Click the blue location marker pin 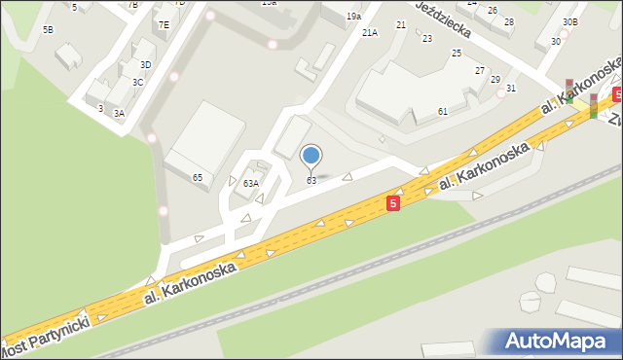pos(311,156)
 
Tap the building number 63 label pos(311,181)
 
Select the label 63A pos(250,183)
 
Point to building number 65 pos(198,177)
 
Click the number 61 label pos(442,112)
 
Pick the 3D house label pos(145,64)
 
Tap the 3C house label pos(138,83)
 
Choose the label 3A pos(119,113)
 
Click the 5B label pos(48,30)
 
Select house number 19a pos(353,17)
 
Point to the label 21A pos(369,33)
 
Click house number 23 pos(427,38)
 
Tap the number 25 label pos(457,53)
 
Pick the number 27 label pos(480,71)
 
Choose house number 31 pos(511,89)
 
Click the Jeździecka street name pos(443,18)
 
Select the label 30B pos(569,21)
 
